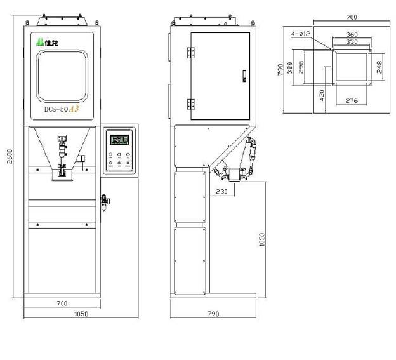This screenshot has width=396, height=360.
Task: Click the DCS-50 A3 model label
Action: [62, 109]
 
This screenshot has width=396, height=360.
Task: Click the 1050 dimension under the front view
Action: [81, 314]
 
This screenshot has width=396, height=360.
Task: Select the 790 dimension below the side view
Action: [213, 314]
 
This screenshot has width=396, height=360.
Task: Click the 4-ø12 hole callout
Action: [300, 33]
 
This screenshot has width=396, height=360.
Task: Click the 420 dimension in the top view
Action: [322, 96]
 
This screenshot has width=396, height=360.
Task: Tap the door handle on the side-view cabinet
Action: [243, 76]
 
